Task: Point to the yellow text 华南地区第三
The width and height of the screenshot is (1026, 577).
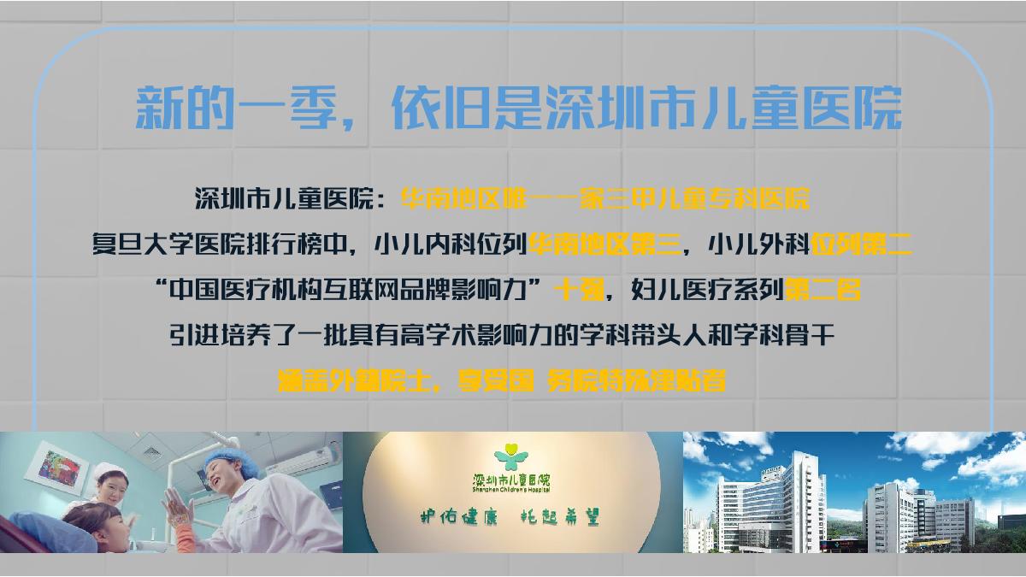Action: point(604,246)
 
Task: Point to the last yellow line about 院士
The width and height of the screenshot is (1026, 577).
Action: point(503,380)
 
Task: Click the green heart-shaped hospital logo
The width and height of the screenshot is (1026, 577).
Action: point(511,453)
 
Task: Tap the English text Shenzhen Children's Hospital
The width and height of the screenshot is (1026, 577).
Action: point(511,490)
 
